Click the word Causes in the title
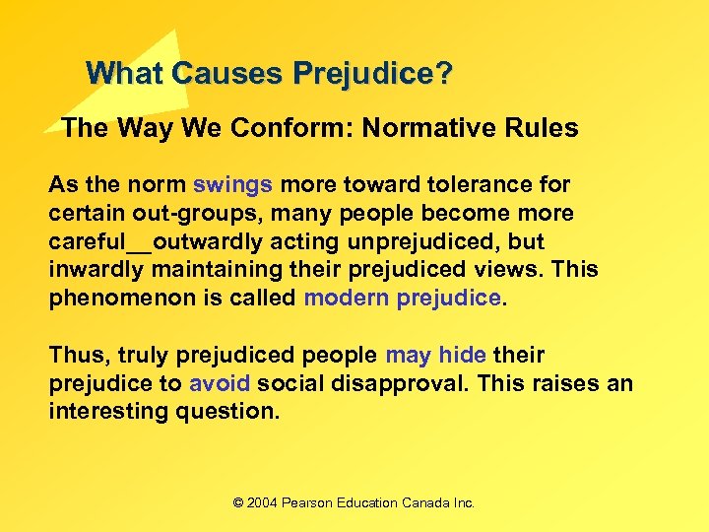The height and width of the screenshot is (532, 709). (216, 74)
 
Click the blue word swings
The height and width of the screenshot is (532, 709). (233, 185)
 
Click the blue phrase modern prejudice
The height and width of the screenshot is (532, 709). (403, 299)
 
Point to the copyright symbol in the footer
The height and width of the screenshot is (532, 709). (237, 502)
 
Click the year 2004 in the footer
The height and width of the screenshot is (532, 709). (262, 502)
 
